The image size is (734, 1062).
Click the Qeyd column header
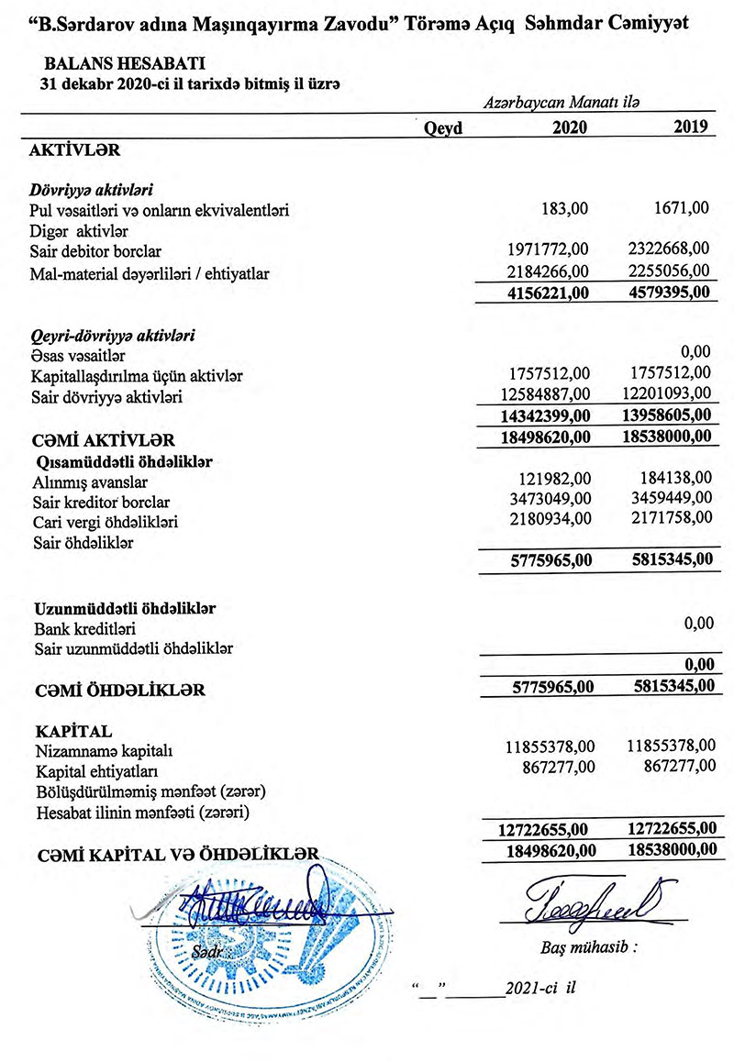443,129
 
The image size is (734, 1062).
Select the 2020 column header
569,129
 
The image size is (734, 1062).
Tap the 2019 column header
692,128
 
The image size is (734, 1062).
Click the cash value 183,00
565,209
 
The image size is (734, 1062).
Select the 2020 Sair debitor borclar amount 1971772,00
547,250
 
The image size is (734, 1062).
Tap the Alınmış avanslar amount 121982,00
553,481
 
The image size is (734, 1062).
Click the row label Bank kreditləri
84,629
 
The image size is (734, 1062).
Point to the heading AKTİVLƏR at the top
75,149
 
